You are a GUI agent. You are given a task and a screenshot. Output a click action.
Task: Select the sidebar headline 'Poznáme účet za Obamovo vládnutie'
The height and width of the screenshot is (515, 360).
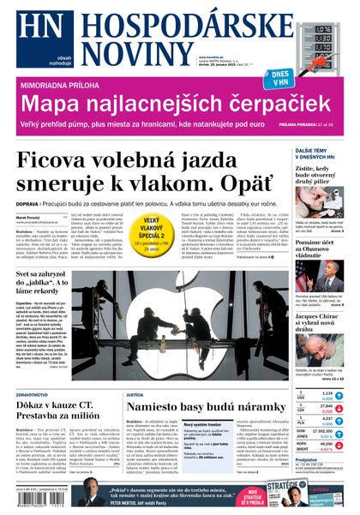(x=319, y=249)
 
